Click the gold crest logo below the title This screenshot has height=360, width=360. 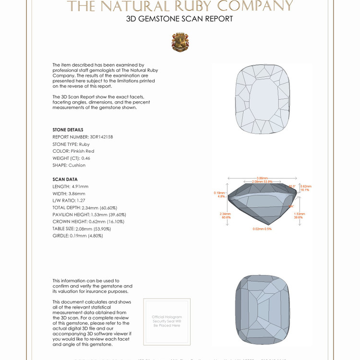point(180,42)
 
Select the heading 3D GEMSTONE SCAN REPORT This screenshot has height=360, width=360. point(180,19)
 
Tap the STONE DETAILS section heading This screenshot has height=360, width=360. point(68,130)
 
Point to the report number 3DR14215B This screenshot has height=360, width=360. point(101,137)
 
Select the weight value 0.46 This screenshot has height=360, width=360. point(85,158)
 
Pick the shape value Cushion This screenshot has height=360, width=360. point(77,165)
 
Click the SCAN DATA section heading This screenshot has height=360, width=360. point(65,180)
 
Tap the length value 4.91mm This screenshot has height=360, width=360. point(80,186)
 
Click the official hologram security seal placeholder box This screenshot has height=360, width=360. point(167,322)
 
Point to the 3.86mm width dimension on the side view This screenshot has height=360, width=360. point(262,178)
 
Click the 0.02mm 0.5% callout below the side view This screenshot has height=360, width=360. point(262,229)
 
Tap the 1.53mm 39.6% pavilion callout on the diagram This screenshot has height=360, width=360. point(299,216)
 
